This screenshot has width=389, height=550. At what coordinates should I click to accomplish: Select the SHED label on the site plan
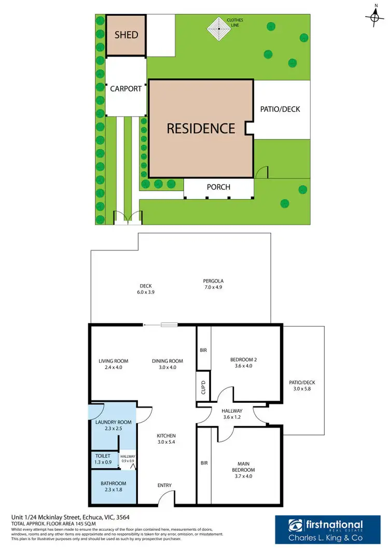coord(126,35)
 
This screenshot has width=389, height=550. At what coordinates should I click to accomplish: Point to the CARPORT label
coord(126,89)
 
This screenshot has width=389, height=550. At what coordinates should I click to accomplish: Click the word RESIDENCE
coord(201,128)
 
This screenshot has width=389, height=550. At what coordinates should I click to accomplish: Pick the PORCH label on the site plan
coord(218,187)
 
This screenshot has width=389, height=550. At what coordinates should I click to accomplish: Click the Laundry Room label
coord(113,422)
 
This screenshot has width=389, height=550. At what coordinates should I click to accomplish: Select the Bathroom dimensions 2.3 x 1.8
coord(113,490)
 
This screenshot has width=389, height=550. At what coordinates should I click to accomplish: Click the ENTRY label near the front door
coord(164,485)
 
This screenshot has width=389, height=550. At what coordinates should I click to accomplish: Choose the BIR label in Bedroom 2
coord(203,350)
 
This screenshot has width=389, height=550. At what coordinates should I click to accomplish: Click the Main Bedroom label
coord(243,467)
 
